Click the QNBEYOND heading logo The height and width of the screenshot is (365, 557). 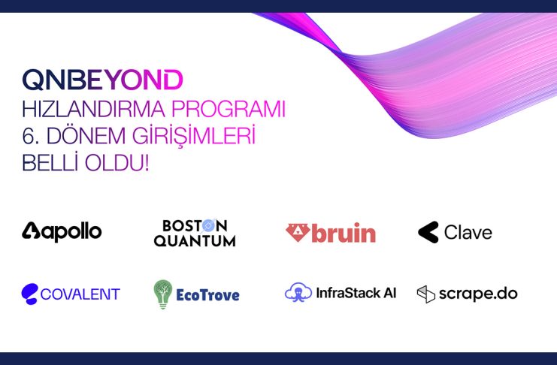[102, 79]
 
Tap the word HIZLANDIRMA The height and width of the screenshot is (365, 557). [93, 109]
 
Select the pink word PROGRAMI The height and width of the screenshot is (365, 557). [229, 109]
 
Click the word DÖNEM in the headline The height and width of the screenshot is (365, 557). [86, 135]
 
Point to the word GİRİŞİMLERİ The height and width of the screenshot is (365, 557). [194, 136]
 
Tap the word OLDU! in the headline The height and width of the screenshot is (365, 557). [117, 163]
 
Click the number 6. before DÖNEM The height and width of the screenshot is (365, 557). [31, 136]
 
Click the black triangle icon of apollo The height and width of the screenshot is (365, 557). [32, 231]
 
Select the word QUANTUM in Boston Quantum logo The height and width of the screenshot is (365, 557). [195, 241]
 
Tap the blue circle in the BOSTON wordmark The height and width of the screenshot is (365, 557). [208, 225]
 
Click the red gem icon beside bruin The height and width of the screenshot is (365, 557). [298, 233]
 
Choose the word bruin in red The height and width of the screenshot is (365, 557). [344, 233]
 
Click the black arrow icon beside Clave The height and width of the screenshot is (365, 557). [428, 232]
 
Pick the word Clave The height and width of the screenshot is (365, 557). [468, 233]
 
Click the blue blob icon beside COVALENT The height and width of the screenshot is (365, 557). [29, 294]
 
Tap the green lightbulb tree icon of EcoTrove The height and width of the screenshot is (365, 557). [163, 294]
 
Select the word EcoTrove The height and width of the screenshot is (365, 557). [207, 295]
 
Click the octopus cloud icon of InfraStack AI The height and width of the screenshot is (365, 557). [298, 292]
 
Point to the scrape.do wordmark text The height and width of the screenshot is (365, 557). [478, 294]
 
